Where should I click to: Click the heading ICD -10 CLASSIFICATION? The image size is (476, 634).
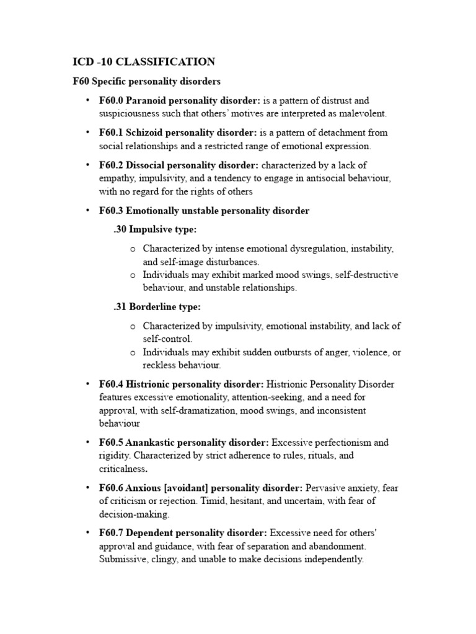click(x=144, y=61)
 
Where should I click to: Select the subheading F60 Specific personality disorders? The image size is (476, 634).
click(x=147, y=82)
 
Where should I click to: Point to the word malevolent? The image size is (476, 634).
click(x=364, y=114)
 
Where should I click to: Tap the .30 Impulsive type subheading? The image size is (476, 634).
click(x=155, y=230)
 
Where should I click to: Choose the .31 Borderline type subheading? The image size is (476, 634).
click(x=157, y=307)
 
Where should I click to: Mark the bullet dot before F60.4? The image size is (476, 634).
click(x=87, y=384)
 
